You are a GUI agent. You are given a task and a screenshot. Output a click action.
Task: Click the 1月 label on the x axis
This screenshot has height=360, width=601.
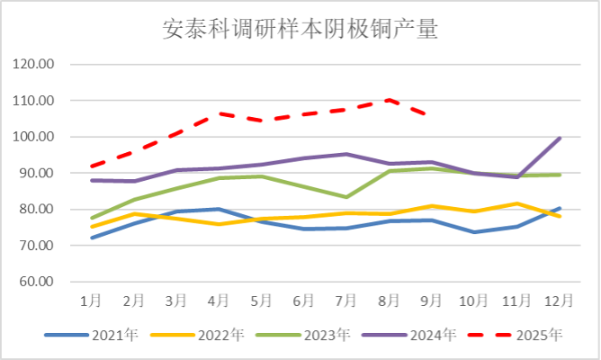91,299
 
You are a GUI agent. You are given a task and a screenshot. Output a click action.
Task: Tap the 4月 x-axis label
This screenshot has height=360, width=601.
219,299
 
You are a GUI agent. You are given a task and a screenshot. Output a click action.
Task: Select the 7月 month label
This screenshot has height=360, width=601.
346,299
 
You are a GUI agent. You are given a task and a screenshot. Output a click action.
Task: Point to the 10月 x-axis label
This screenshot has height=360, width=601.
474,299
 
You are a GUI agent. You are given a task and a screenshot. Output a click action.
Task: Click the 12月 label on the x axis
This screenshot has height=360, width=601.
559,299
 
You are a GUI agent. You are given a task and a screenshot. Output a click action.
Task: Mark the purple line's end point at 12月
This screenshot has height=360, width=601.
560,138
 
